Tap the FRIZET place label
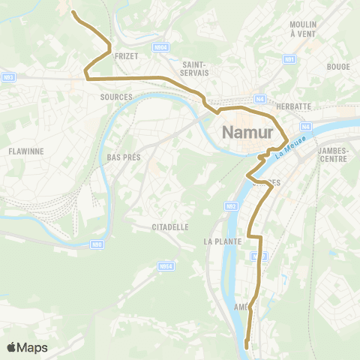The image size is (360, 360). coord(124,55)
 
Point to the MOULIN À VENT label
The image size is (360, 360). coord(303,28)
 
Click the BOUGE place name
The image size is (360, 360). coord(338,67)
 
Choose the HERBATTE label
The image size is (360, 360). coord(293,106)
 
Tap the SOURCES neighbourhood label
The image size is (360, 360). coord(115,97)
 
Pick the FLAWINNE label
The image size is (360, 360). coord(25,151)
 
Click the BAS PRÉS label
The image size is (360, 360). coord(124,157)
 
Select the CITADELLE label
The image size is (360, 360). coord(169,226)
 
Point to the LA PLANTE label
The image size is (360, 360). coord(222,241)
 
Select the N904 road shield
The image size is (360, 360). coord(160,46)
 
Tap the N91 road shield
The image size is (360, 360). coord(289,58)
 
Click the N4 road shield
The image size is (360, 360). coord(259,98)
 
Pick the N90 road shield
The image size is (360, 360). coord(96,244)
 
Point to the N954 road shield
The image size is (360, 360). coord(166,265)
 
